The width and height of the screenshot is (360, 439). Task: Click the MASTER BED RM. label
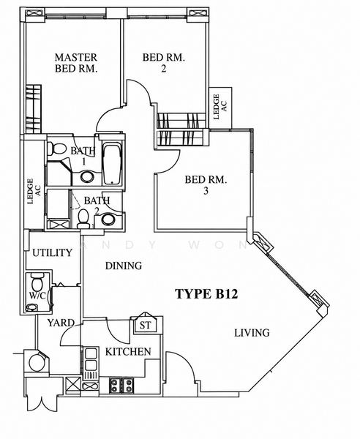click(x=76, y=63)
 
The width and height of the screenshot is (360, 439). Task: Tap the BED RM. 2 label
click(x=164, y=63)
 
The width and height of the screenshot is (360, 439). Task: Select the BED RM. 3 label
click(x=206, y=185)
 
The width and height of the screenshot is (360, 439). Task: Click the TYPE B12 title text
click(x=206, y=294)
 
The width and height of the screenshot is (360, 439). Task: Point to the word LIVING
click(x=252, y=333)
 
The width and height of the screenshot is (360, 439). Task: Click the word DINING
click(x=124, y=266)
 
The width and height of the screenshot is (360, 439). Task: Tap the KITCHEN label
click(x=128, y=352)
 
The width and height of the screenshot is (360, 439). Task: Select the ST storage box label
click(x=145, y=326)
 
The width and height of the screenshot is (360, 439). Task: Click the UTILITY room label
click(x=53, y=253)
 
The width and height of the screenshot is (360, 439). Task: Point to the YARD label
click(x=61, y=323)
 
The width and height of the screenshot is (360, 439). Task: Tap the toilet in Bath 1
click(x=56, y=149)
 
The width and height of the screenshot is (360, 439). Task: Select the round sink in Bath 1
click(x=87, y=177)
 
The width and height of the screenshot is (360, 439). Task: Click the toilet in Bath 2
click(x=83, y=219)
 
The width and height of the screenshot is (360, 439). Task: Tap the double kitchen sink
click(x=91, y=359)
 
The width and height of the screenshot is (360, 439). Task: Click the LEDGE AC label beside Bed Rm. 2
click(x=220, y=107)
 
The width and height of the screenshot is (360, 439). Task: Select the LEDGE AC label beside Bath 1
click(x=34, y=192)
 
